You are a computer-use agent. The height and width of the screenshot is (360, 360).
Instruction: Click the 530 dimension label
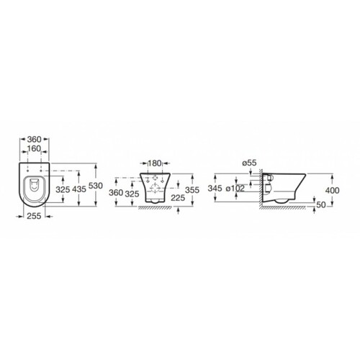coord(96,186)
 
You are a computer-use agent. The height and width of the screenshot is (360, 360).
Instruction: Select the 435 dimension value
coord(79,189)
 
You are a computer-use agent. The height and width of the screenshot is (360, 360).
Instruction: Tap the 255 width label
coord(34,216)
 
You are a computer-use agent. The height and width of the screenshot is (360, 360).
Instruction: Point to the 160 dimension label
coord(34,149)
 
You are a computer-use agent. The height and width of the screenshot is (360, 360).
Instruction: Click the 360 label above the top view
coord(34,139)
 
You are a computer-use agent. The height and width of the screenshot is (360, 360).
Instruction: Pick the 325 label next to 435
coord(63,189)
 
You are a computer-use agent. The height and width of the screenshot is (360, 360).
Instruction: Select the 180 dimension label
coord(154,163)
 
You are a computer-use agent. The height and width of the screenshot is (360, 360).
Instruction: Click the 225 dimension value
coord(178,198)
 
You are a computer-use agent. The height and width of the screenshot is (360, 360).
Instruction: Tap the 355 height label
coord(192,190)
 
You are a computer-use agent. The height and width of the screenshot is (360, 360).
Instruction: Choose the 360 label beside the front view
coord(116,192)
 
